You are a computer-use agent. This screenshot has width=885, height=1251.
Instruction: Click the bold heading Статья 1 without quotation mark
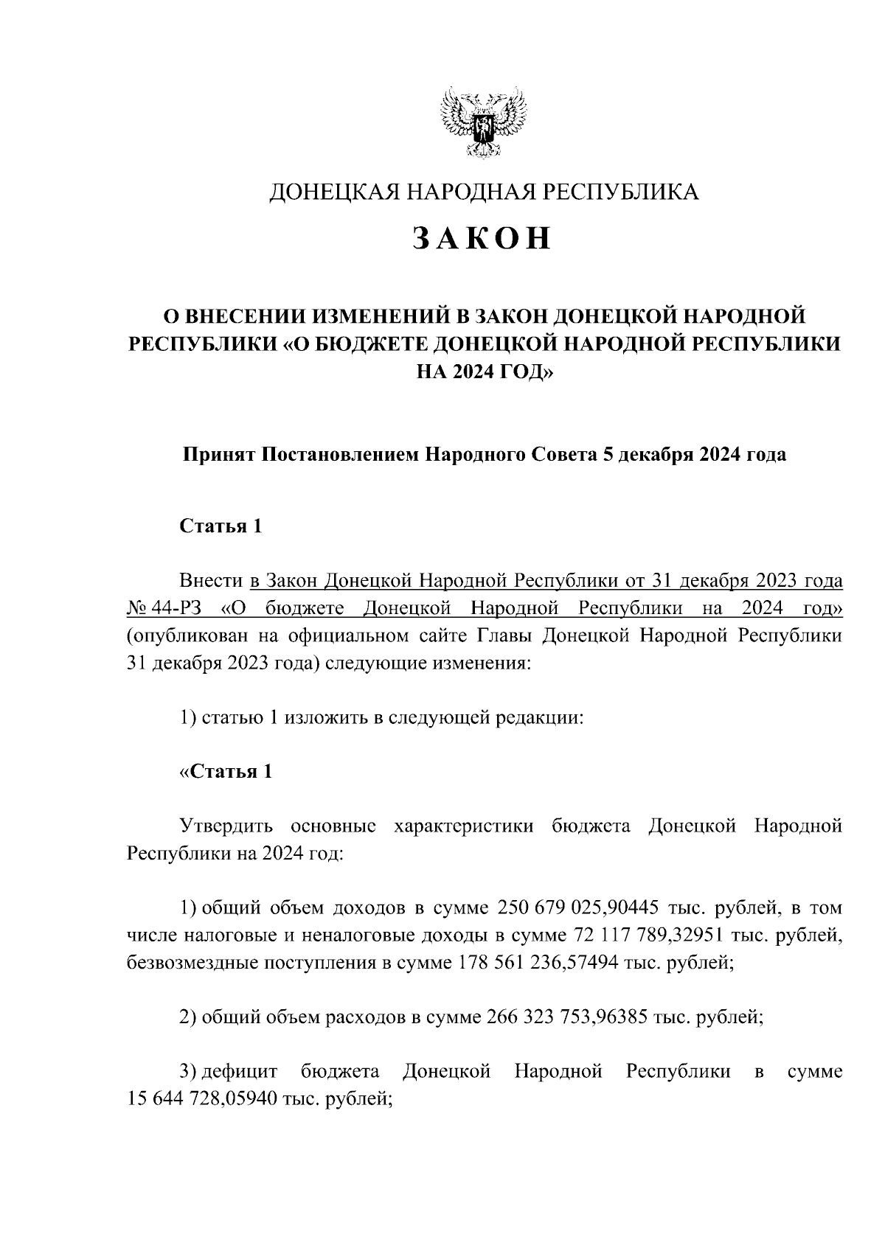point(221,526)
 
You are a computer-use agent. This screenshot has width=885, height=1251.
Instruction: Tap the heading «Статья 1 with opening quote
point(226,772)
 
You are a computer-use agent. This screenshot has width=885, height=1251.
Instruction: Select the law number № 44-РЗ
point(162,609)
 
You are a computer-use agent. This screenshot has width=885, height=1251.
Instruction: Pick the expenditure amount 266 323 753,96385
point(568,1018)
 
